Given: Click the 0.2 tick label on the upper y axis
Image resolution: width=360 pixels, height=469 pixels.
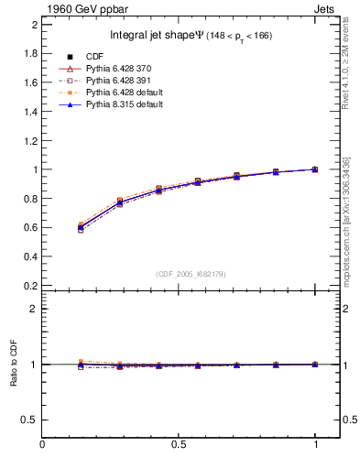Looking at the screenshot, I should point(30,285).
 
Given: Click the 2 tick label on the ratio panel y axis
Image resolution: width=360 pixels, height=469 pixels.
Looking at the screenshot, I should point(34,309).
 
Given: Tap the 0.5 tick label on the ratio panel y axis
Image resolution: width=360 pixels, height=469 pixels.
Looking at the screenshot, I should point(30,420).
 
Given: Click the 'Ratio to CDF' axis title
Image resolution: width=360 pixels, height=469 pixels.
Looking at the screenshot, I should point(13,378).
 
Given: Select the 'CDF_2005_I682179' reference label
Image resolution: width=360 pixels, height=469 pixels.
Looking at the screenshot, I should point(190,274).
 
